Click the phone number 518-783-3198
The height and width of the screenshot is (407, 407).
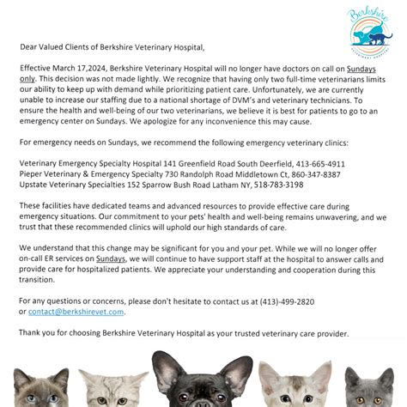[x=278, y=185]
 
